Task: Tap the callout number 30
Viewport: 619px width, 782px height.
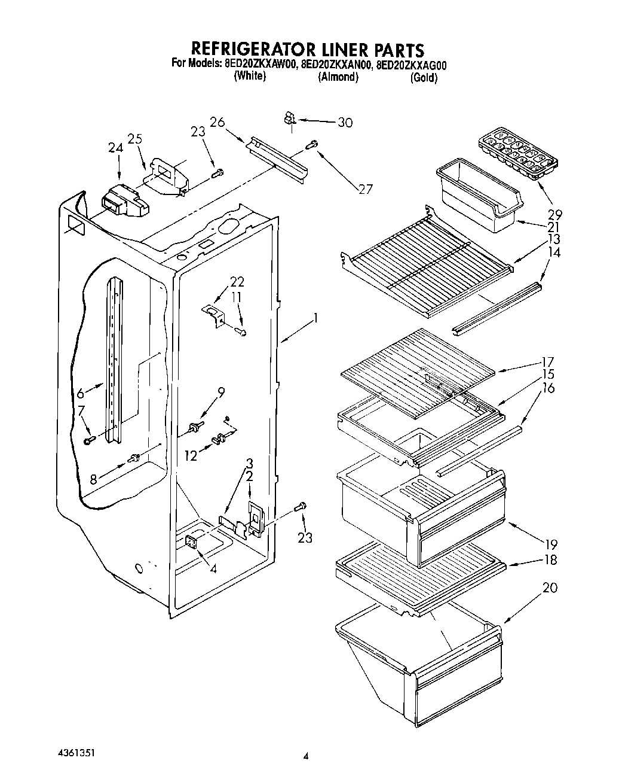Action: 345,123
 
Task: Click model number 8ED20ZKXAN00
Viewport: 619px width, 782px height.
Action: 336,64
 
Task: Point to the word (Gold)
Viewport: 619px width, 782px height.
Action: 424,78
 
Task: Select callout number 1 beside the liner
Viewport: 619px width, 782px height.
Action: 315,318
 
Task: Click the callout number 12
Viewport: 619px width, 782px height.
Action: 191,456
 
